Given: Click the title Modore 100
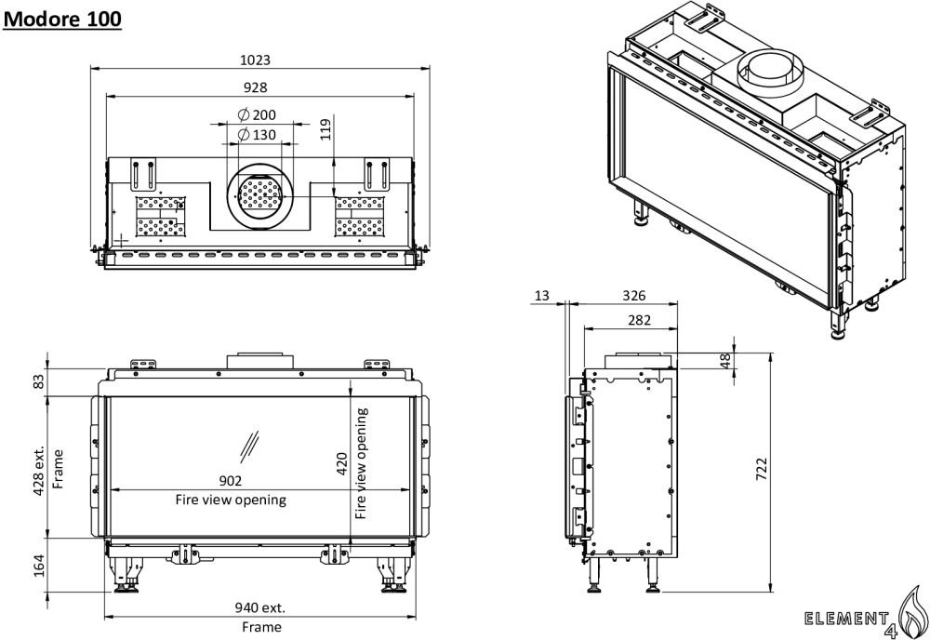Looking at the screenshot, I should click(x=62, y=19).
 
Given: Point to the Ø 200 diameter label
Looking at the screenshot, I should click(x=257, y=114).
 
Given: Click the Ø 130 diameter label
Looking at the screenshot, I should click(x=257, y=135).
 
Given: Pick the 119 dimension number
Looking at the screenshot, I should click(x=325, y=128).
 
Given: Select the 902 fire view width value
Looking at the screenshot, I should click(x=231, y=481).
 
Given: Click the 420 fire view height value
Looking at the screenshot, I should click(x=341, y=464).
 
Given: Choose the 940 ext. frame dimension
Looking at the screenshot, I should click(x=259, y=608).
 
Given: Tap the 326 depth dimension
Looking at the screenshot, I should click(x=633, y=296).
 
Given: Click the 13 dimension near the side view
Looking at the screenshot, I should click(x=542, y=296).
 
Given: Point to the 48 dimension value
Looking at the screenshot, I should click(x=725, y=359).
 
